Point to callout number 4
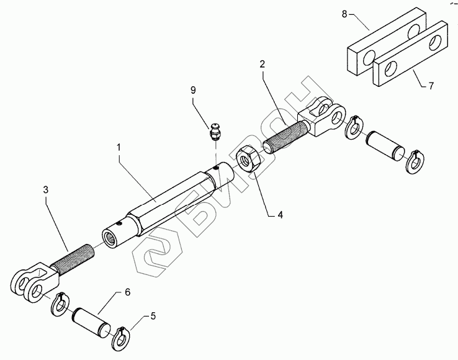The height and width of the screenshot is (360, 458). [280, 215]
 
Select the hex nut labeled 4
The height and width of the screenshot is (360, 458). [251, 160]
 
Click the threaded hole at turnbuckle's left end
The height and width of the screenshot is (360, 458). [112, 236]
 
